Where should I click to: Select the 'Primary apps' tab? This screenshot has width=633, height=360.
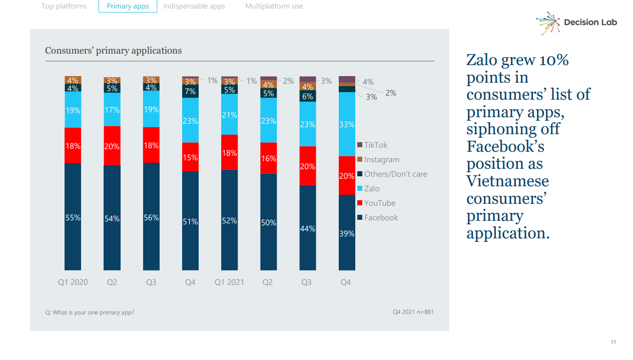pos(128,7)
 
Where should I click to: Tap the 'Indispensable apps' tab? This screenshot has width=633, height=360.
pos(194,7)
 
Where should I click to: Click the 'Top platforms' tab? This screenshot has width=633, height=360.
pos(64,7)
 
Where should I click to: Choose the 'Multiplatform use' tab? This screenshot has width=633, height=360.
pos(274,7)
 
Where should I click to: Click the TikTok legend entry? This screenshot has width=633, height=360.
pos(375,145)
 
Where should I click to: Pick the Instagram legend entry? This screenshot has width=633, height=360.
pos(381,160)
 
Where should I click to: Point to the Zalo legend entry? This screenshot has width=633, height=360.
pos(371,189)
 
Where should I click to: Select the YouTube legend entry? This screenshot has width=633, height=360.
pos(379,203)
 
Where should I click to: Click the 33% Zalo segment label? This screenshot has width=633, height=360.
pos(347,124)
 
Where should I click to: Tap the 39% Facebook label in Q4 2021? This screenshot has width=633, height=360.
pos(347,233)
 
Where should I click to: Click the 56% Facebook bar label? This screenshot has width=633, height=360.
pos(151,218)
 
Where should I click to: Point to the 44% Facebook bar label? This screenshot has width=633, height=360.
pos(308,228)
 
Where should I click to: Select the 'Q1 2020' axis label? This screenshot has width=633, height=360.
pos(73,282)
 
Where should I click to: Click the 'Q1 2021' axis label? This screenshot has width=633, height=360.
pos(229,282)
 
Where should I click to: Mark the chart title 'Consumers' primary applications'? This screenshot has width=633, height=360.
pos(114,51)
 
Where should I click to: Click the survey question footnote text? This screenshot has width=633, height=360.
pos(90,312)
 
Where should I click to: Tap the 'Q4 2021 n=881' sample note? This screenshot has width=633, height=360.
pos(413,312)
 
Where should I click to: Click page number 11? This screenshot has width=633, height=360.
pos(613,342)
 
